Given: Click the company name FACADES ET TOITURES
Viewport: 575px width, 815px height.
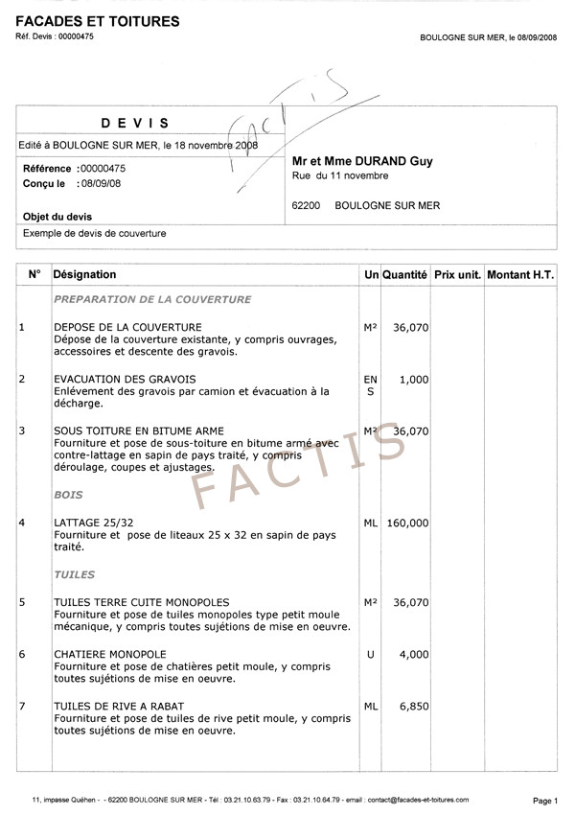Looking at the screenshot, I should click(x=98, y=21).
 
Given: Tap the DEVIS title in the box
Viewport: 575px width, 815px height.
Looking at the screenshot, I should click(x=135, y=123).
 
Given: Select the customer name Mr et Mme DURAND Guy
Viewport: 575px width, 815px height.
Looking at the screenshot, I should click(x=362, y=161).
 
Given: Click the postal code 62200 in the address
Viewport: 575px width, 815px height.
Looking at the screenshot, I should click(x=306, y=205).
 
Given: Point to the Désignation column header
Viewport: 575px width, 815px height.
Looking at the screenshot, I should click(x=85, y=275).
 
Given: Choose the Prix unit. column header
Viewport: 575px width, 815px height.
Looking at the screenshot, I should click(x=457, y=275).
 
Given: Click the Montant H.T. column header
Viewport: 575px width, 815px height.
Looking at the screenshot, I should click(x=520, y=275).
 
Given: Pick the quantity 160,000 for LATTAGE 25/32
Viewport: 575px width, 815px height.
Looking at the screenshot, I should click(x=407, y=524).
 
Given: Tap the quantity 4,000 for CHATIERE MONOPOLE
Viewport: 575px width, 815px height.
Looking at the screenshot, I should click(x=414, y=655).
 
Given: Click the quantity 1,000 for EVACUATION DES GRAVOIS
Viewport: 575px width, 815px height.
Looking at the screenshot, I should click(x=414, y=380).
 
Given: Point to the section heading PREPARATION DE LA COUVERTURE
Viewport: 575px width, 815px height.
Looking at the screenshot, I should click(x=152, y=299).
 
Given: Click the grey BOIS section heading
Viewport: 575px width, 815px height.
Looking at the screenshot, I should click(x=69, y=496).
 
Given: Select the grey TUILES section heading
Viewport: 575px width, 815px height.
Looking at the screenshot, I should click(x=75, y=575).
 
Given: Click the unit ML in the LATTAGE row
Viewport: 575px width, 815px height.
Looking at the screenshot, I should click(x=371, y=524).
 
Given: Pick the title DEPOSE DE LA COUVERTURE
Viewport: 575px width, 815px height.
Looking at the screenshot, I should click(x=127, y=328).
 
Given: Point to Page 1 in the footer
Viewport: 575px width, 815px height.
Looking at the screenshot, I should click(x=544, y=800).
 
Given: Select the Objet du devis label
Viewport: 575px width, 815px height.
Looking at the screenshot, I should click(x=57, y=217).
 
